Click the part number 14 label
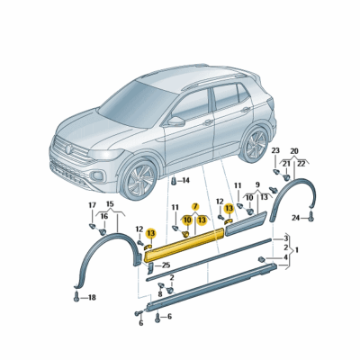(x=186, y=180)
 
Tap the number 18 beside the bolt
(x=92, y=298)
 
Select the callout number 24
(x=296, y=218)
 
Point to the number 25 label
(x=166, y=265)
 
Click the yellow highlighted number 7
(x=195, y=206)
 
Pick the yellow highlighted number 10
(x=187, y=220)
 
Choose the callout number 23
(x=275, y=150)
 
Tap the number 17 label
(x=92, y=205)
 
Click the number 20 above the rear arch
(x=294, y=150)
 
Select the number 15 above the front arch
(x=110, y=204)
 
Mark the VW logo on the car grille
(x=69, y=148)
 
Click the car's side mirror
(x=176, y=121)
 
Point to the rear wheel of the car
(x=256, y=145)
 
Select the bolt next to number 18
(x=76, y=296)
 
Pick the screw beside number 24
(x=310, y=216)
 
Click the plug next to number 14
(x=174, y=181)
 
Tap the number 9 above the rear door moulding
(x=257, y=184)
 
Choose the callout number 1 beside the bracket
(x=297, y=249)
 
